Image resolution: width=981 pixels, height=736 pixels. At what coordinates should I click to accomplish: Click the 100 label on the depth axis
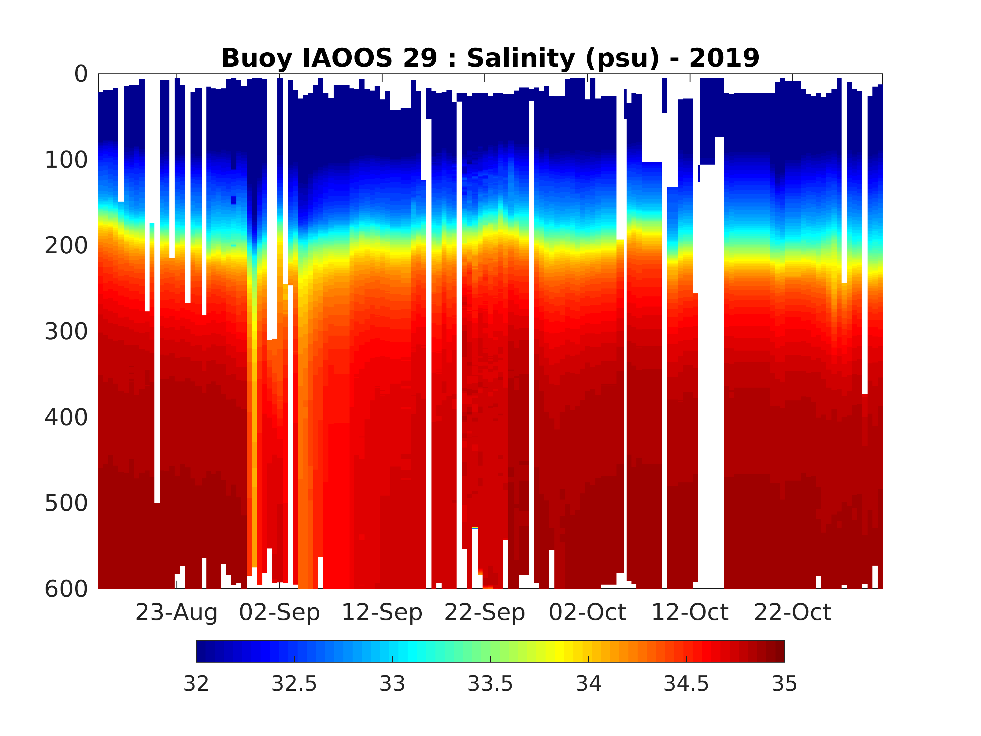[x=67, y=160]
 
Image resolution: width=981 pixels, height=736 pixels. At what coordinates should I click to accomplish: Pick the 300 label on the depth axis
[x=67, y=332]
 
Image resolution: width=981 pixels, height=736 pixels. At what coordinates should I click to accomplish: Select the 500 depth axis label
[x=67, y=504]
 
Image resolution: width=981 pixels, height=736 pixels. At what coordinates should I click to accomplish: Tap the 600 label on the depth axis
[x=67, y=589]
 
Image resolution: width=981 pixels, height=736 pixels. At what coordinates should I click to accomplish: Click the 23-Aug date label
[x=176, y=613]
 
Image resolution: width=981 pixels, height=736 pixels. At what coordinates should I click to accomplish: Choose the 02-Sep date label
[x=279, y=613]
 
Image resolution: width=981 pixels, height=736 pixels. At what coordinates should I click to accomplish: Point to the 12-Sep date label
[x=382, y=613]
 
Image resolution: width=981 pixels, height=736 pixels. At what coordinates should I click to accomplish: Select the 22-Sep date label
[x=485, y=613]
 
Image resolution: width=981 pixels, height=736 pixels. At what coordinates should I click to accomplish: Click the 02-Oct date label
[x=588, y=613]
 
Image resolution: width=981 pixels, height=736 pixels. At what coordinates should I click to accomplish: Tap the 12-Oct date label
[x=690, y=613]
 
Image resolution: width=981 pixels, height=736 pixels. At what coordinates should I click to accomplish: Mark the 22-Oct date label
[x=793, y=613]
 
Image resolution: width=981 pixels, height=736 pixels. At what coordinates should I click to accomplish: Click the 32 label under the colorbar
[x=196, y=684]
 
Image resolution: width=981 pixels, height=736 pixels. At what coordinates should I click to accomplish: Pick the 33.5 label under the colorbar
[x=490, y=684]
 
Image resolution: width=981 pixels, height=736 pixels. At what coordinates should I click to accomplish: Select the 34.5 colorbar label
[x=686, y=684]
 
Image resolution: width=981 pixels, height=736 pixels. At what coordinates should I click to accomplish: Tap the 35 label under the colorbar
[x=785, y=684]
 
